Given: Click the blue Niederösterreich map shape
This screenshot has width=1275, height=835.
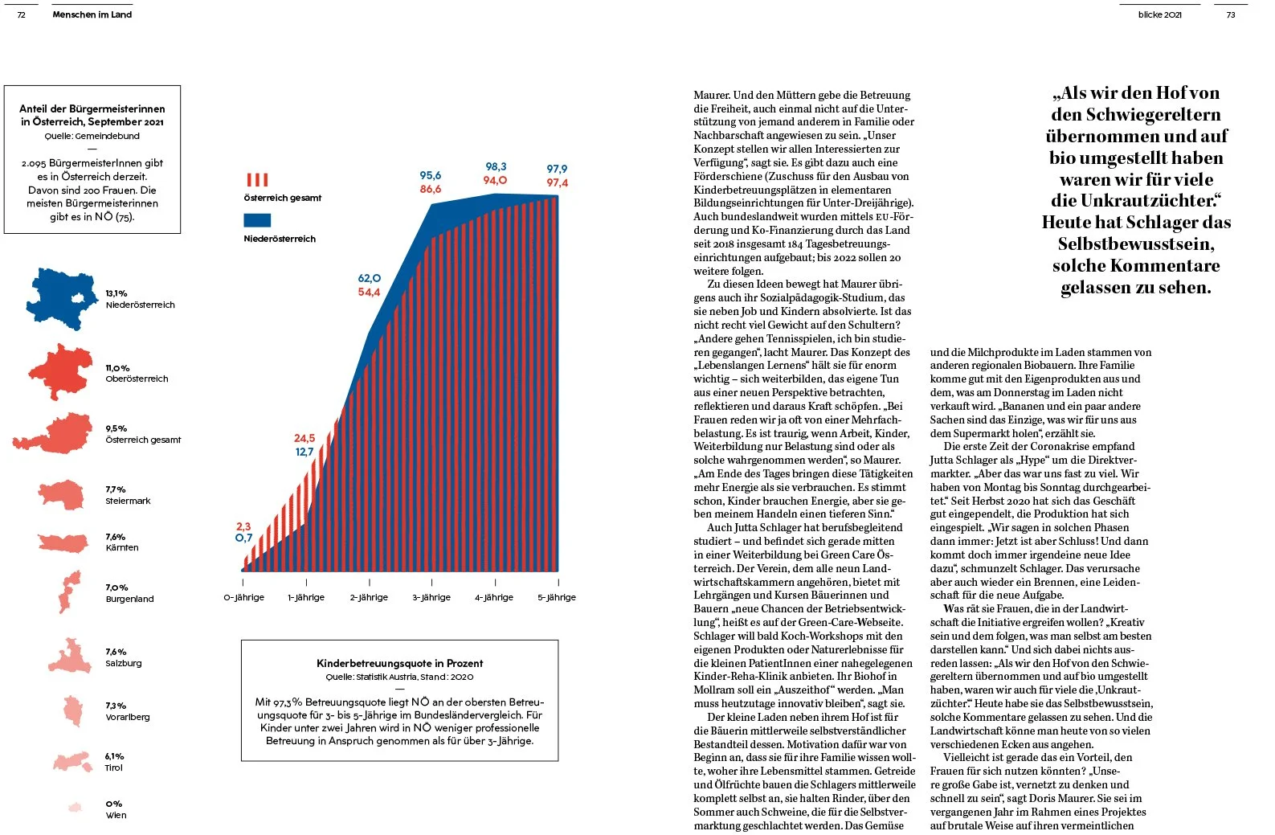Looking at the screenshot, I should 63,299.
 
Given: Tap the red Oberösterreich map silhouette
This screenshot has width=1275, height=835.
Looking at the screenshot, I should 60,372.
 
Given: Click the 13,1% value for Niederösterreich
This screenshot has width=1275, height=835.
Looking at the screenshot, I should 116,293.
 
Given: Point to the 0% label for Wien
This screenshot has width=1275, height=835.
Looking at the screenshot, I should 113,804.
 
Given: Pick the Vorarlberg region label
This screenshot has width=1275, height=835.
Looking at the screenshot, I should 128,717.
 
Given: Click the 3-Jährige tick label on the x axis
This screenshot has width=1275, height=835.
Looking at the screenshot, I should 431,597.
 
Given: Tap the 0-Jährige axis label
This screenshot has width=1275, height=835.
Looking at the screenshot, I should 243,597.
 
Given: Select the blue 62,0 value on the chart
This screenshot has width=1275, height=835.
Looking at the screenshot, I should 370,278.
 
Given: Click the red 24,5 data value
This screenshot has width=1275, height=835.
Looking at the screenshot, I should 304,438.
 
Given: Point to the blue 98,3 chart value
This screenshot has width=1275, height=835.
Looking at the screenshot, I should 496,166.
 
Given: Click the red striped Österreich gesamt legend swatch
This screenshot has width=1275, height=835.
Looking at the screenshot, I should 257,179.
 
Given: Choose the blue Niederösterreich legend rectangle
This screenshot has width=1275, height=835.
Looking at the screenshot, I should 257,219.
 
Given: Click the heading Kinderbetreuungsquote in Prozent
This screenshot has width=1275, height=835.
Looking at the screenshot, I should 399,663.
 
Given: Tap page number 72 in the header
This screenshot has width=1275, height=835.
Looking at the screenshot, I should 22,14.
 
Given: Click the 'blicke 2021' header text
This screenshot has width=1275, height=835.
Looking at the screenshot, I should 1159,14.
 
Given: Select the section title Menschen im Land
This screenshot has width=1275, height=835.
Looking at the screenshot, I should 92,14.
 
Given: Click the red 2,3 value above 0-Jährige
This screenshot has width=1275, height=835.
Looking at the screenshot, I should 243,526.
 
